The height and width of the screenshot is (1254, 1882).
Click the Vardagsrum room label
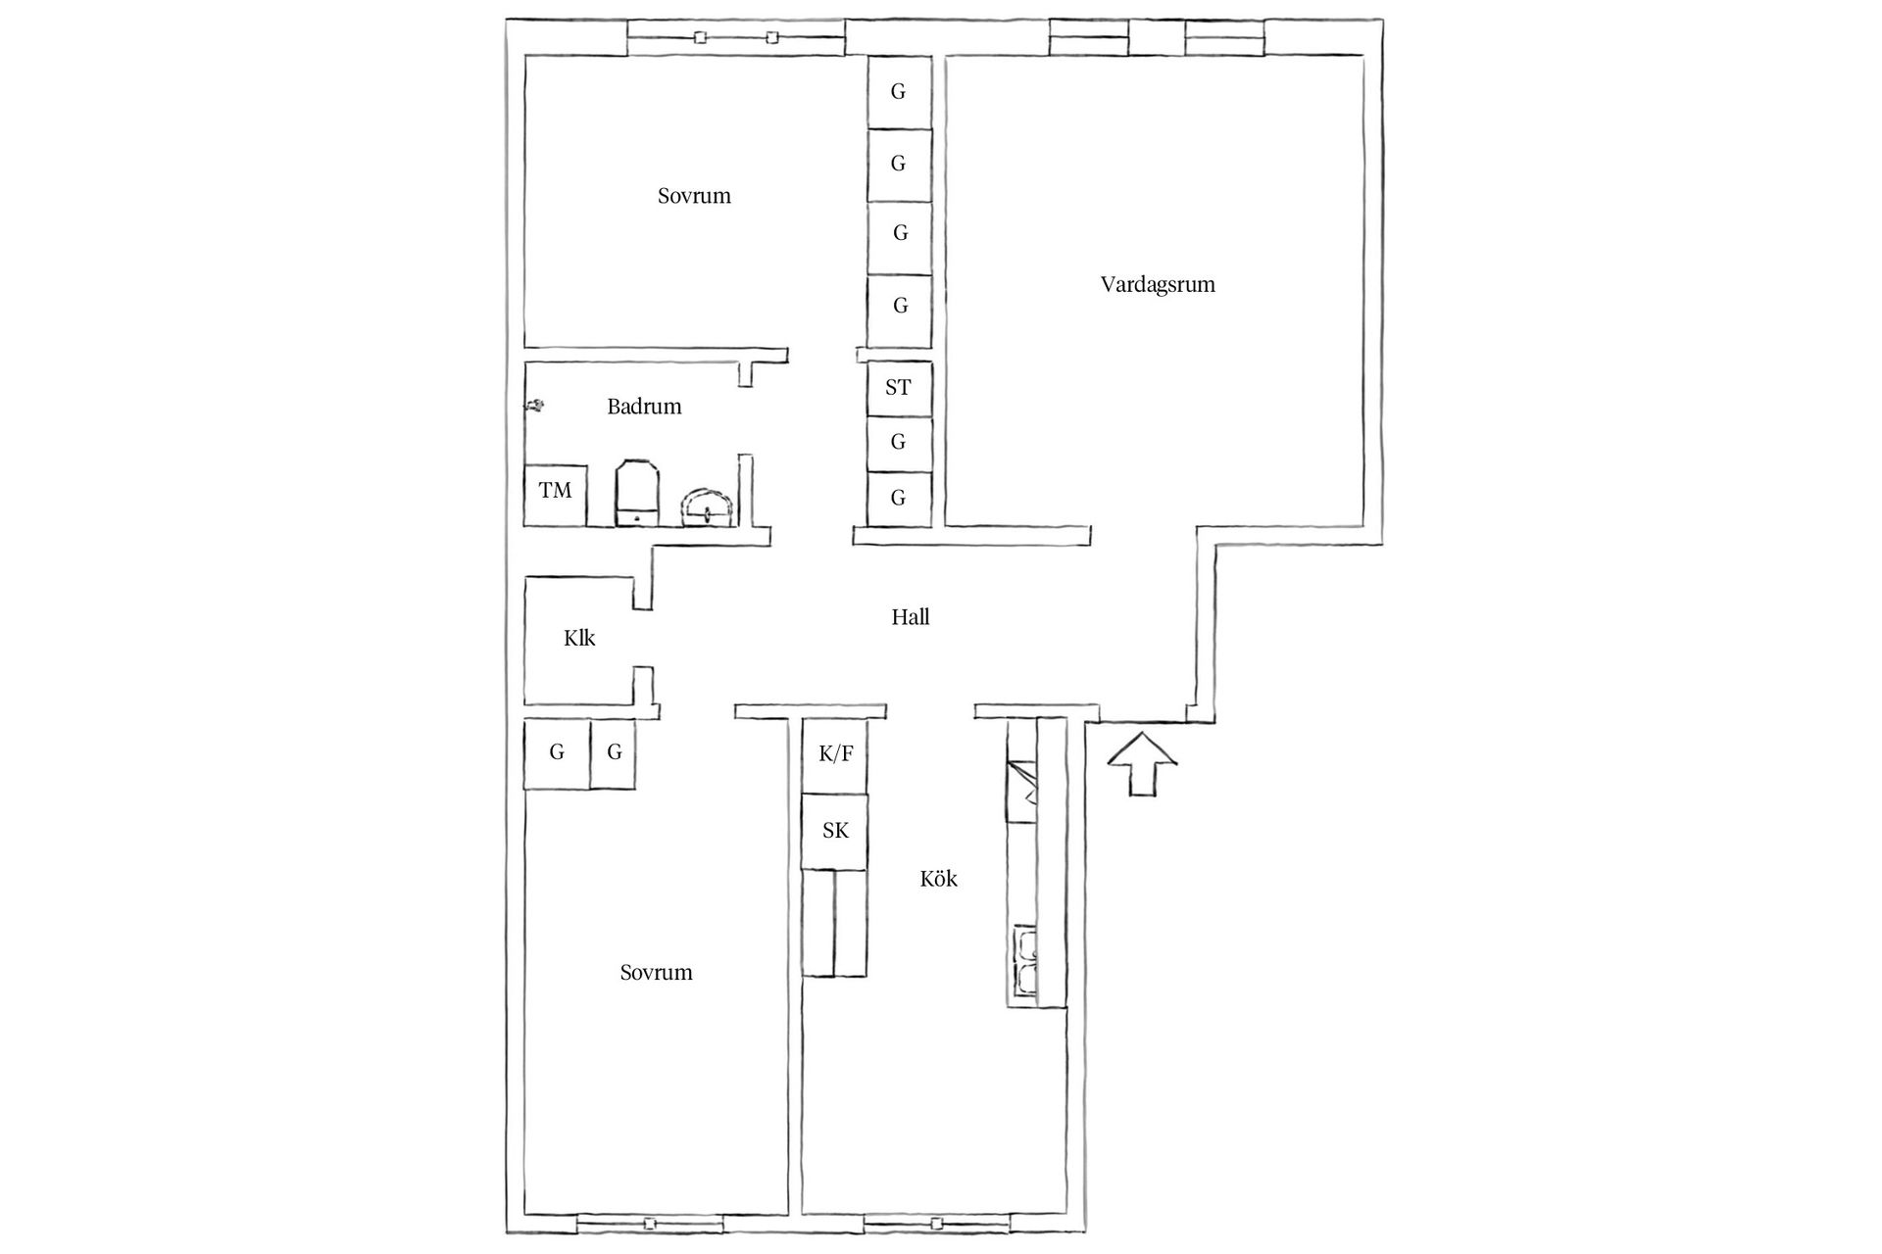click(x=1157, y=285)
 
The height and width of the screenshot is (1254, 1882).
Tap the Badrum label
click(x=644, y=407)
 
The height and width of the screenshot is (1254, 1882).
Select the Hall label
click(x=910, y=617)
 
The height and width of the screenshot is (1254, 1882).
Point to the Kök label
click(x=938, y=879)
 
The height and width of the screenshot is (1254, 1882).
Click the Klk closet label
click(x=579, y=639)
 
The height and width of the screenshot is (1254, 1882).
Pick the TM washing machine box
click(x=555, y=496)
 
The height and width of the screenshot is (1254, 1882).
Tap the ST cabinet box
click(x=899, y=388)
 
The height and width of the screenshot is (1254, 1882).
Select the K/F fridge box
click(x=835, y=754)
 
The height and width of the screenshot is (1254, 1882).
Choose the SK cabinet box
click(x=835, y=831)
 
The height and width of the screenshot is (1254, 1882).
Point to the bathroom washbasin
click(x=708, y=506)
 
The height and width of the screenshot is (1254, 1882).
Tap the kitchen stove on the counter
click(x=1021, y=791)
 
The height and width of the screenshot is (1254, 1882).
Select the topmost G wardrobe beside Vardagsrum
click(x=899, y=92)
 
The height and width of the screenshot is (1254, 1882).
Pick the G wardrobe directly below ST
click(x=899, y=443)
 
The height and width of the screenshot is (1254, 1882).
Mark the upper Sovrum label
click(x=694, y=196)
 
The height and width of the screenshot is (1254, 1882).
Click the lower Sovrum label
click(x=656, y=973)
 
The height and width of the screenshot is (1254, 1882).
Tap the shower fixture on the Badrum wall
click(x=535, y=405)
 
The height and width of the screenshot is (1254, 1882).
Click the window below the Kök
click(x=937, y=1223)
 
